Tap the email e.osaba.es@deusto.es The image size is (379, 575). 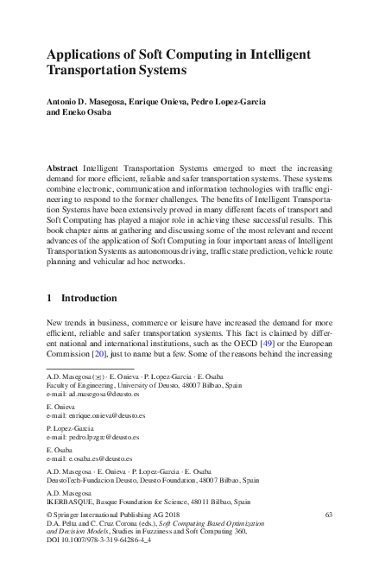(x=99, y=461)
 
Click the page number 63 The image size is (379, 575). (x=329, y=514)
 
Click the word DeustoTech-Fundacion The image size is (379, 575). (x=80, y=478)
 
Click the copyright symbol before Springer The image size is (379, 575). (x=48, y=515)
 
